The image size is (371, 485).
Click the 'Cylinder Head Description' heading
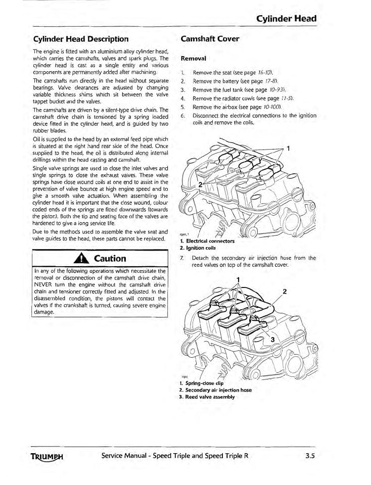tap(81, 39)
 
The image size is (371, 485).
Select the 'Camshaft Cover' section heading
tap(209, 39)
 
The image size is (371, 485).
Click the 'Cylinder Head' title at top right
tap(286, 19)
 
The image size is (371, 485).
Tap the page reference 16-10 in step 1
tap(267, 74)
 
